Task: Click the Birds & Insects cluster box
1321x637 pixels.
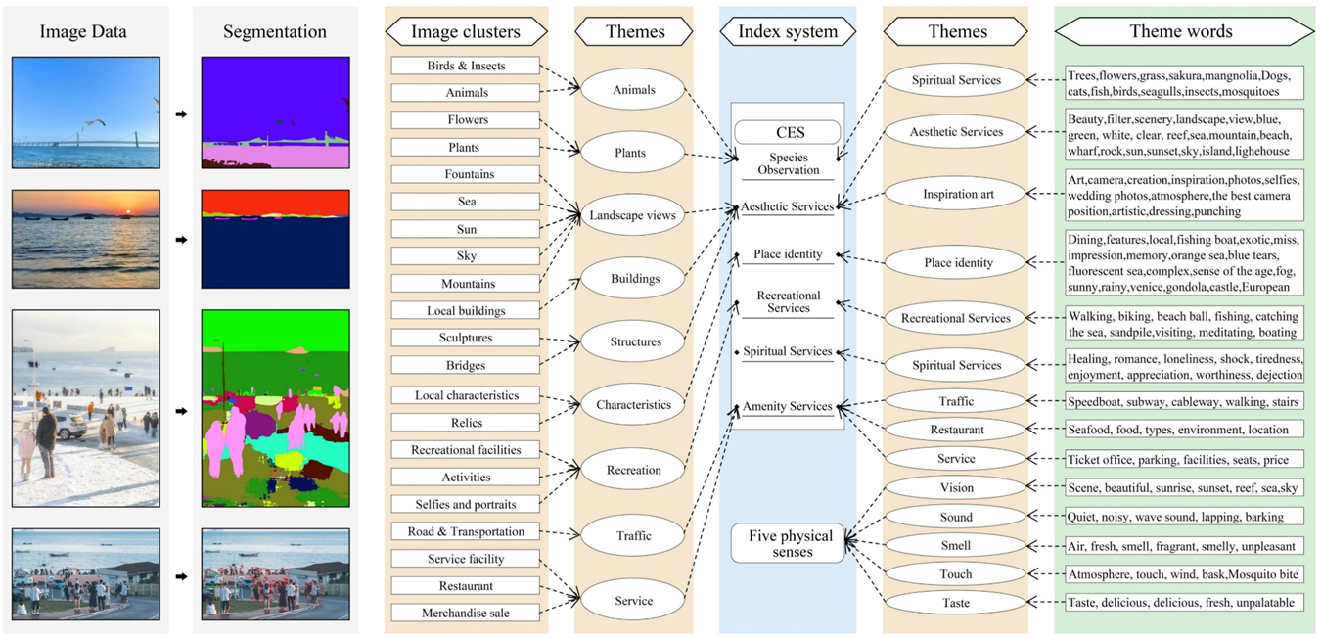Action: coord(466,66)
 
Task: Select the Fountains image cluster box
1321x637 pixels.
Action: coord(466,174)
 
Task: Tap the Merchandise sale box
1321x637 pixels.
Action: coord(466,613)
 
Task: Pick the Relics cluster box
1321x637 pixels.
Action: coord(466,423)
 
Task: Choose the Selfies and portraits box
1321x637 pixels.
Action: coord(466,504)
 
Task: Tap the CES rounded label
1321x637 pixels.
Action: coord(788,132)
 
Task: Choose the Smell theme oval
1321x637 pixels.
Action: coord(956,545)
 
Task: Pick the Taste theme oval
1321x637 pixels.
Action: coord(956,604)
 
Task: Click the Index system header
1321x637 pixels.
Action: coord(788,31)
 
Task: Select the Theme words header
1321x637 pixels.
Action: coord(1181,31)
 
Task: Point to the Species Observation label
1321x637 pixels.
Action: coord(788,163)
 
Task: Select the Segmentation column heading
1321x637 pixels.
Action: coord(275,31)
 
